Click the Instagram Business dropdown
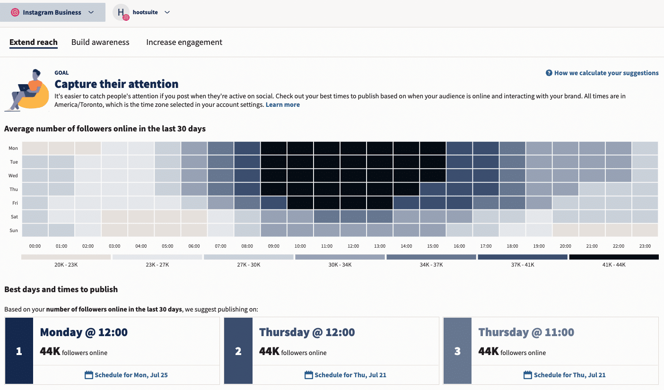[52, 13]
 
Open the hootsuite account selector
[141, 13]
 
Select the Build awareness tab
[100, 42]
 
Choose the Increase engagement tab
[184, 42]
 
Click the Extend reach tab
[33, 42]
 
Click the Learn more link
[282, 104]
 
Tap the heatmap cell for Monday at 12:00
[353, 148]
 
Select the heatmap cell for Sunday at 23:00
[645, 230]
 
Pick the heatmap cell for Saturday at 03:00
[114, 217]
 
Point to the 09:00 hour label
[273, 246]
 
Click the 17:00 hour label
[486, 246]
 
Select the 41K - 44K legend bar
[613, 257]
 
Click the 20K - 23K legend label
[66, 265]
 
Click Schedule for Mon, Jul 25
[126, 375]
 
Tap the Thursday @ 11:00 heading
[526, 332]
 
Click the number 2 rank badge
[238, 351]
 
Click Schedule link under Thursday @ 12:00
[345, 375]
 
